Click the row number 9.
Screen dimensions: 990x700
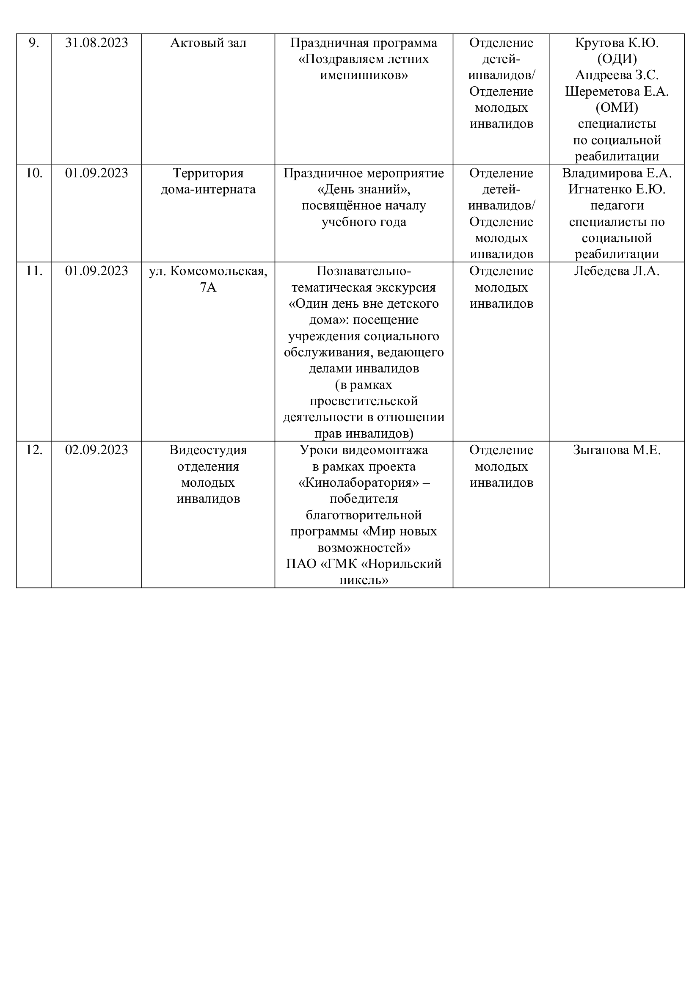click(x=33, y=43)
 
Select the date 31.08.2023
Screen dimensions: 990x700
click(x=96, y=43)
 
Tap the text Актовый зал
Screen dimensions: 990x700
click(x=208, y=43)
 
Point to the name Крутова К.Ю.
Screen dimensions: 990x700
click(x=616, y=43)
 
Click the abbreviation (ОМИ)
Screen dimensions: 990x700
click(x=616, y=108)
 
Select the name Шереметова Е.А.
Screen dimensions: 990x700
click(x=616, y=91)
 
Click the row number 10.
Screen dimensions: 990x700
click(x=33, y=174)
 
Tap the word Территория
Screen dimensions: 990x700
click(x=208, y=174)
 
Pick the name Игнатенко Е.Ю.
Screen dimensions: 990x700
click(x=616, y=190)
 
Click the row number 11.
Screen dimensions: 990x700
click(x=33, y=271)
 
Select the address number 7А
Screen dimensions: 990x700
click(x=208, y=287)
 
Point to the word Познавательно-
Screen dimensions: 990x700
click(x=364, y=271)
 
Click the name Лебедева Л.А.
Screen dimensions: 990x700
click(x=616, y=271)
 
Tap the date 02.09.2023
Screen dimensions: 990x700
click(x=96, y=450)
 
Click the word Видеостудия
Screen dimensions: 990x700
click(x=208, y=450)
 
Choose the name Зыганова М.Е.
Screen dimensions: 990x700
click(x=616, y=450)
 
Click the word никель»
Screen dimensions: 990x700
click(x=364, y=580)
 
